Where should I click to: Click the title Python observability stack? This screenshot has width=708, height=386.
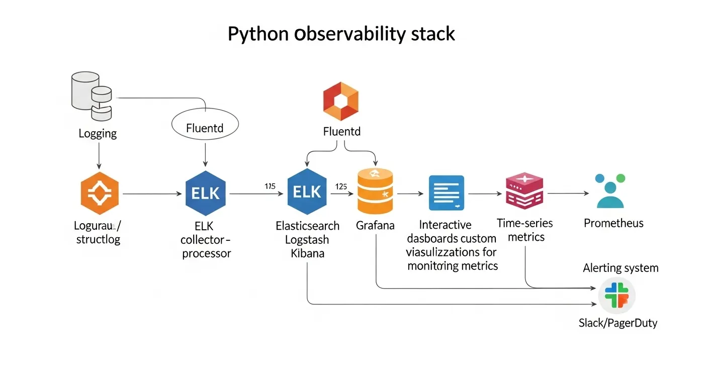341,34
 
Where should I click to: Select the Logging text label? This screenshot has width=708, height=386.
98,134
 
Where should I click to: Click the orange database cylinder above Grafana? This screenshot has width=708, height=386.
375,192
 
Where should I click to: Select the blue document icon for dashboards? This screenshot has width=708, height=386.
447,192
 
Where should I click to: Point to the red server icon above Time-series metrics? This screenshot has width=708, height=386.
524,191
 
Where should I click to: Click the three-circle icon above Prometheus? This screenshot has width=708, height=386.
610,191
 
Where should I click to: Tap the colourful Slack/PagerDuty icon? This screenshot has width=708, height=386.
617,295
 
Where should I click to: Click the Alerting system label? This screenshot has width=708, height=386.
621,268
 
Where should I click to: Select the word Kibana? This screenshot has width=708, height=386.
308,253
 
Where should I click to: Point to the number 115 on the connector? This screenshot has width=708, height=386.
270,186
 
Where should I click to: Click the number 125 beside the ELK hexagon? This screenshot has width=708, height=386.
341,186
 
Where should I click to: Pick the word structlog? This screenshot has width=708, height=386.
98,239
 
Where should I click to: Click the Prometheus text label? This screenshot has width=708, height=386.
613,223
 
